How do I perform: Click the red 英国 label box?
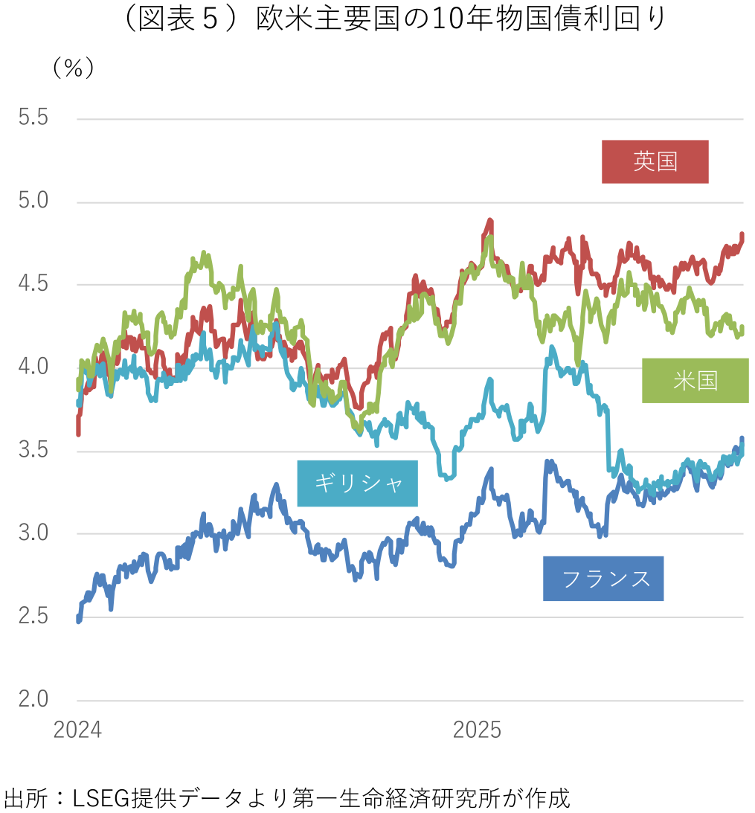pyautogui.click(x=655, y=161)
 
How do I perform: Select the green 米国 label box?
pyautogui.click(x=695, y=381)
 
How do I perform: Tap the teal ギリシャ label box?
pyautogui.click(x=357, y=483)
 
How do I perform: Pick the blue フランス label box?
pyautogui.click(x=603, y=579)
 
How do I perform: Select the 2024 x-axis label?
pyautogui.click(x=77, y=730)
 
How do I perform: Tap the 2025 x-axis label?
pyautogui.click(x=478, y=730)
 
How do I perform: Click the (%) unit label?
pyautogui.click(x=73, y=68)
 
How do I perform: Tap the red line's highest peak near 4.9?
pyautogui.click(x=490, y=221)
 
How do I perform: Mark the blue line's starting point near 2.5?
pyautogui.click(x=78, y=620)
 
